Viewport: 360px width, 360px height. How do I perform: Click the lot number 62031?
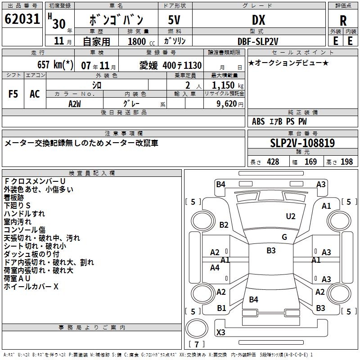22,19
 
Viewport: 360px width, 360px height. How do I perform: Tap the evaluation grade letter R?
343,20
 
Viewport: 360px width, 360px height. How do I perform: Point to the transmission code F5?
13,94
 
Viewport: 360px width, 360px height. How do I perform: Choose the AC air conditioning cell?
35,94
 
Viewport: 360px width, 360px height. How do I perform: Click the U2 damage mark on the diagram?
291,216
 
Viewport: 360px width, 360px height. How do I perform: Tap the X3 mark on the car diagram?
221,333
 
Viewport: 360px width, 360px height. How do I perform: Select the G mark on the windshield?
284,237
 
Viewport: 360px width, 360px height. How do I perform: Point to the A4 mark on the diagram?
215,268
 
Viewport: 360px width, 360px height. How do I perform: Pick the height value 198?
347,162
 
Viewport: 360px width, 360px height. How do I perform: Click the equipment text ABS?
258,121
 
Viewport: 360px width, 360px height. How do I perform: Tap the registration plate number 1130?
193,65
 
